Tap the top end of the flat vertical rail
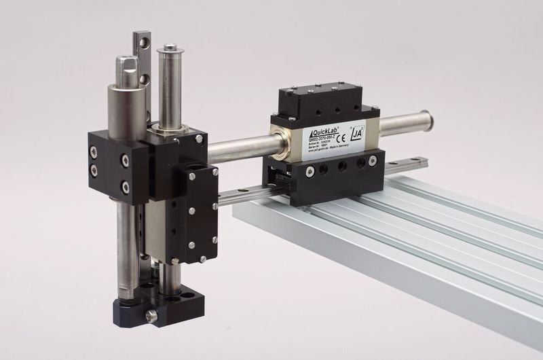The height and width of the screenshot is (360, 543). click(141, 35)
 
